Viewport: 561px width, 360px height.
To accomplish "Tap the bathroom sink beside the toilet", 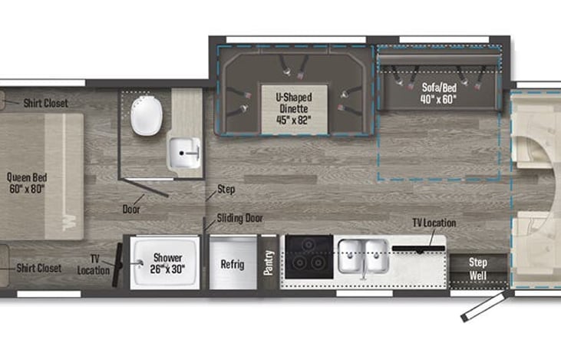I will (185, 153).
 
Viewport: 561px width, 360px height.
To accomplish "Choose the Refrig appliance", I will (233, 263).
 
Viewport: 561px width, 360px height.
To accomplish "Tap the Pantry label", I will (269, 262).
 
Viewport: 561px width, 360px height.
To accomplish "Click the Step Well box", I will (478, 268).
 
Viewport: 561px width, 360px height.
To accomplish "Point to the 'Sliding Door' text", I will (239, 218).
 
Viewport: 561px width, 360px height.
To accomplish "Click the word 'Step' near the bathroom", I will (226, 188).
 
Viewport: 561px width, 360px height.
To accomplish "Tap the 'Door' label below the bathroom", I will (131, 208).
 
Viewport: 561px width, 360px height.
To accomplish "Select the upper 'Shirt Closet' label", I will (45, 103).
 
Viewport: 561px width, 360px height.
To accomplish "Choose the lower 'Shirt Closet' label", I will (39, 269).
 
